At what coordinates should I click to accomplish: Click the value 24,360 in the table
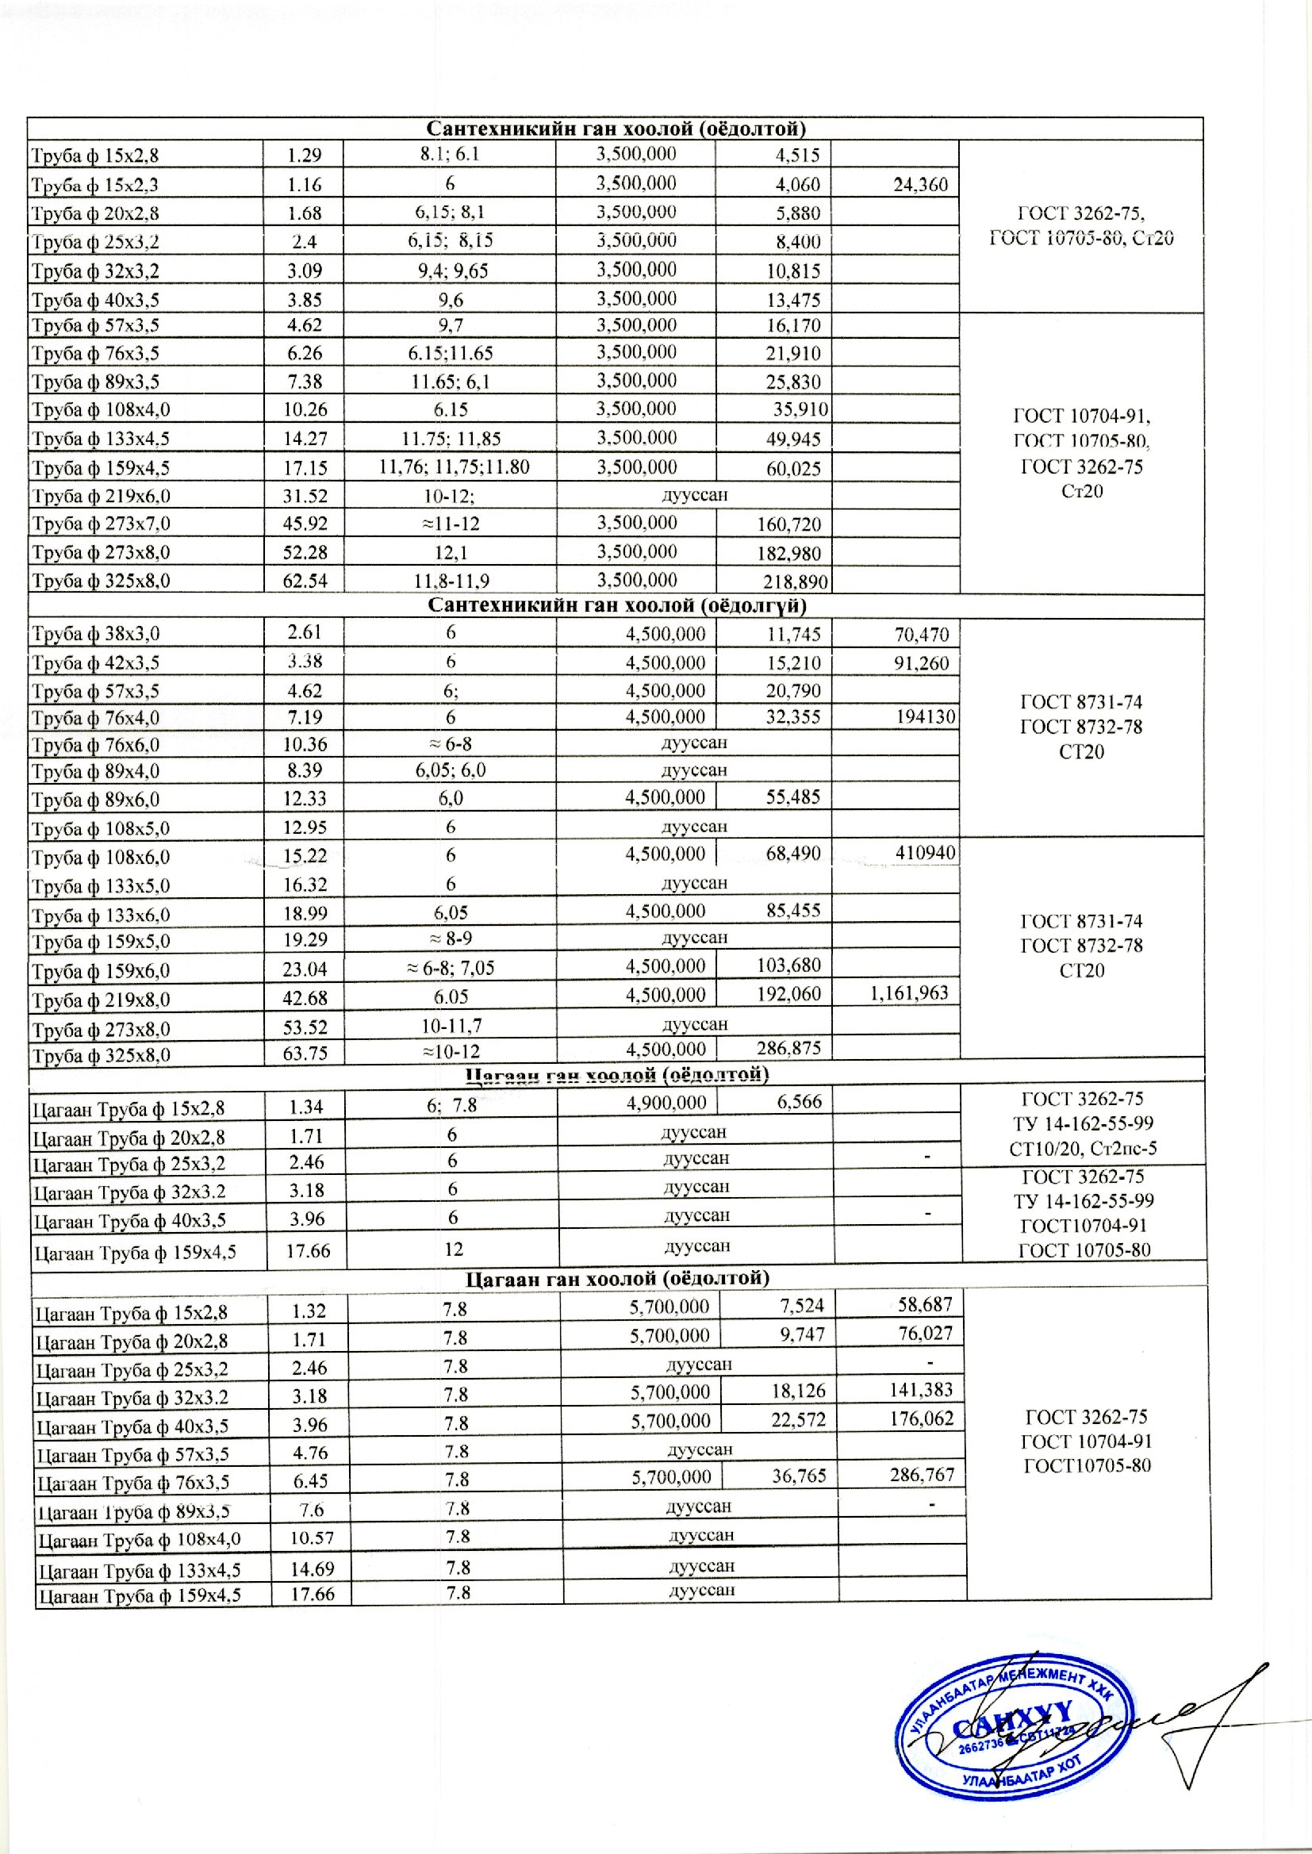click(x=920, y=185)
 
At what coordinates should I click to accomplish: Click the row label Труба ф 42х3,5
click(x=95, y=663)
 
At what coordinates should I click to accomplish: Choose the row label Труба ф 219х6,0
click(x=101, y=496)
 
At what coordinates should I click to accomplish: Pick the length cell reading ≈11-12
click(x=450, y=524)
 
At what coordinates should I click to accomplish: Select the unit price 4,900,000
click(x=666, y=1103)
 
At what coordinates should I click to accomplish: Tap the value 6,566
click(x=799, y=1103)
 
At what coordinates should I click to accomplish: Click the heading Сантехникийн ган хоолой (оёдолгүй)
click(x=616, y=606)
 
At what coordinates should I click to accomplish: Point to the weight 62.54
click(x=305, y=581)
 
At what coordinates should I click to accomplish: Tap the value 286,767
click(x=922, y=1475)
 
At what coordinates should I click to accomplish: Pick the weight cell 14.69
click(x=311, y=1569)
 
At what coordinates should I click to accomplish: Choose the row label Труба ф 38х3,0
click(x=95, y=634)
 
